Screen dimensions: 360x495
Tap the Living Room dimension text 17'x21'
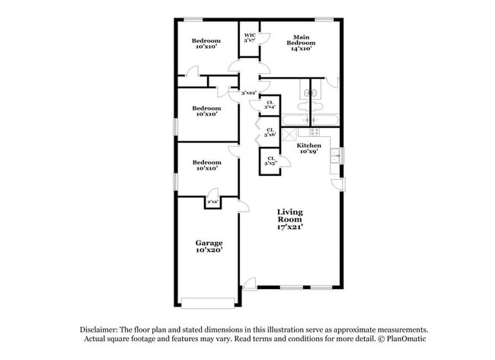(x=290, y=227)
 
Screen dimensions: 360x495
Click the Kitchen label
(x=308, y=145)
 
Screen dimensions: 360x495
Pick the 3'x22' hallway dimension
(x=248, y=93)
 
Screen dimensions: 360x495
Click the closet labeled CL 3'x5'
(x=270, y=161)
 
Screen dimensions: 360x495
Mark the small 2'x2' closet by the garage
(x=212, y=202)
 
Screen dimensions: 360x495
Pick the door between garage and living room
(x=243, y=205)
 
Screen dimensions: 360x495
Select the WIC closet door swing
(x=265, y=38)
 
